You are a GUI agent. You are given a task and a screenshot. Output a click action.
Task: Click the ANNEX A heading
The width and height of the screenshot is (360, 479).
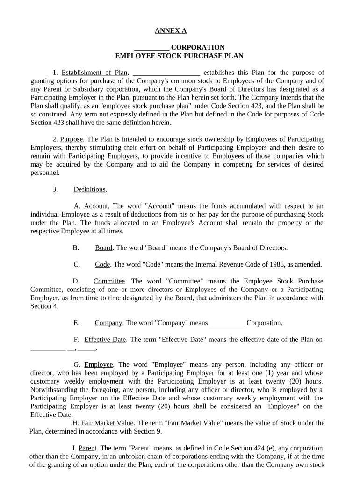click(x=171, y=31)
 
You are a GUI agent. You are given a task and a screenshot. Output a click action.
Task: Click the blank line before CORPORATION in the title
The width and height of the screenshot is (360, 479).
click(x=151, y=48)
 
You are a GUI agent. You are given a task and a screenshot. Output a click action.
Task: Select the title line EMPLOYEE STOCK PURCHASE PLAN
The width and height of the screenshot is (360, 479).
click(x=179, y=56)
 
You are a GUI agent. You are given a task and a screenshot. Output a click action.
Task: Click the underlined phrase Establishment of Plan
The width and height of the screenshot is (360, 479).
click(x=94, y=73)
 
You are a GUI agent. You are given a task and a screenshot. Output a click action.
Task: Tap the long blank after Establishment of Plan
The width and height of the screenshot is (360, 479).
click(x=166, y=73)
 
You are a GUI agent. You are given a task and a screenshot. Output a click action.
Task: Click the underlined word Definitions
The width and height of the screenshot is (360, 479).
click(x=89, y=189)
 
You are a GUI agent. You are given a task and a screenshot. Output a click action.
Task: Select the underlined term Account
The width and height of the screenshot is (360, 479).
click(x=96, y=206)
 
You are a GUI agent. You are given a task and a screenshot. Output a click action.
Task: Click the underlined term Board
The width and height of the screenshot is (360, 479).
click(x=103, y=248)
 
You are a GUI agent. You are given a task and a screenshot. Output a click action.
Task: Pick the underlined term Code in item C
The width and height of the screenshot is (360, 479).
click(x=102, y=264)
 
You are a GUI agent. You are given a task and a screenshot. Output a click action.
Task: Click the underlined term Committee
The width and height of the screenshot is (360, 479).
click(x=109, y=281)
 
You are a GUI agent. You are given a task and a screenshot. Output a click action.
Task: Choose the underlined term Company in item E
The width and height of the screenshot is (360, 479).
click(x=108, y=323)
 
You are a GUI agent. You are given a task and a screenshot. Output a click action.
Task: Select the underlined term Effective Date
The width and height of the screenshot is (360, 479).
click(x=105, y=340)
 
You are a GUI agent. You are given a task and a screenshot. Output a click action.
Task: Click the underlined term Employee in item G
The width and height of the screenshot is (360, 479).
click(x=98, y=364)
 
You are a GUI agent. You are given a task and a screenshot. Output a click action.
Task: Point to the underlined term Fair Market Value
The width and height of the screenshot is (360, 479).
click(x=108, y=423)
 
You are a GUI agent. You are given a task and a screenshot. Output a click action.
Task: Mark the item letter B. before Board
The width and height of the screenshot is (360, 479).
click(x=76, y=248)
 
